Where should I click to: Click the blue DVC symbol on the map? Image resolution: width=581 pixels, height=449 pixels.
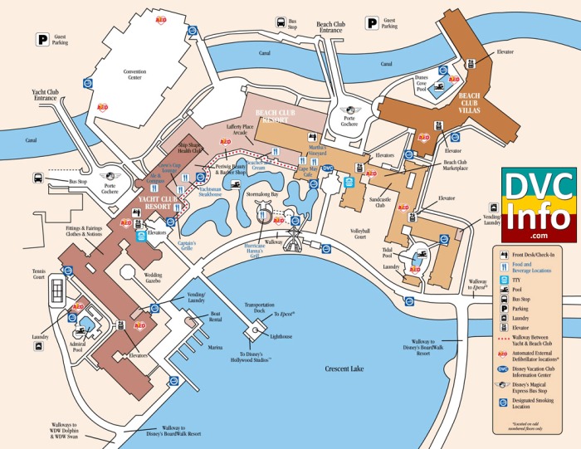tap(328, 168)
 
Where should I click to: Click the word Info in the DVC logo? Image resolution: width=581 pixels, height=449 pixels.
tap(539, 218)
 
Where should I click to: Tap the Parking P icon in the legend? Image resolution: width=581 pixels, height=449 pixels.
tap(504, 306)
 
